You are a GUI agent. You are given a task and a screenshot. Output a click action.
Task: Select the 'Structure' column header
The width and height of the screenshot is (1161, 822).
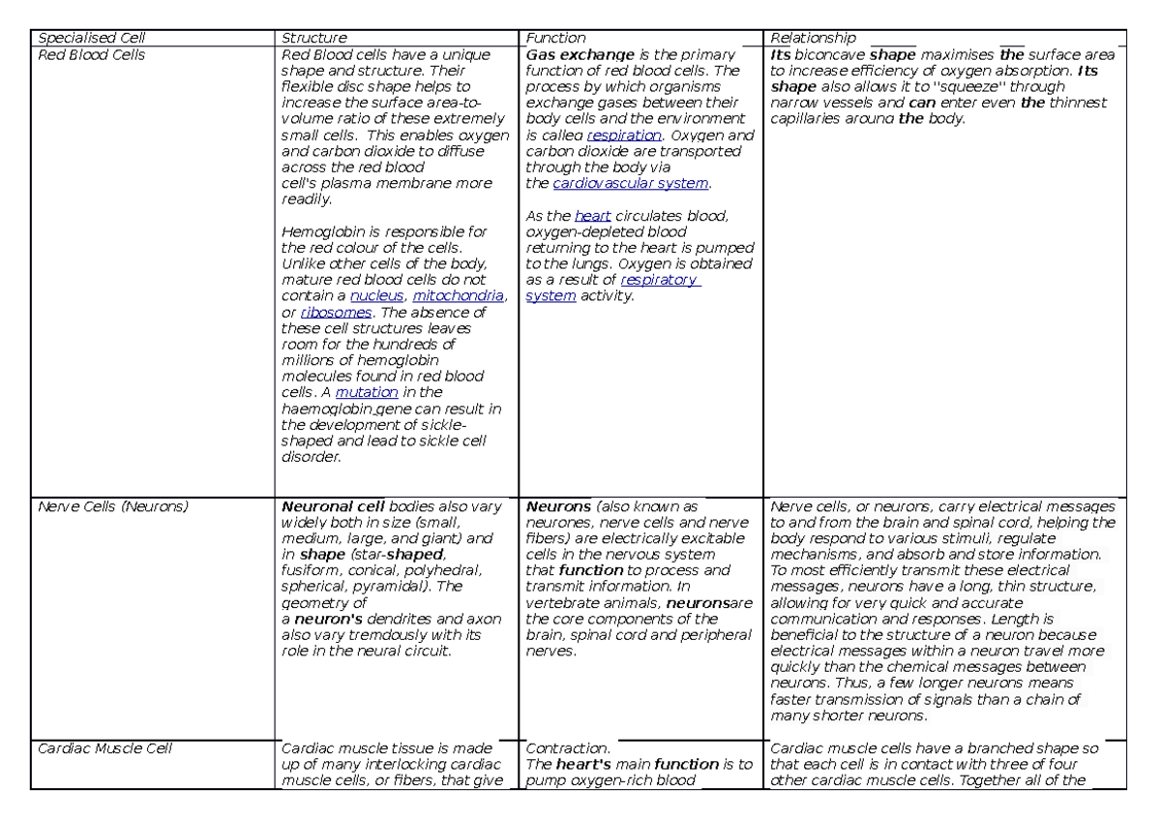[x=313, y=39]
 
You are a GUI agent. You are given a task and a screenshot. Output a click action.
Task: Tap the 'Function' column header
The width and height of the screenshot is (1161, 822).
[x=555, y=39]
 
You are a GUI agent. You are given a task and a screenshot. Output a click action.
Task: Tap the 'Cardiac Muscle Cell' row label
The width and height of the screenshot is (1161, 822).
[x=104, y=748]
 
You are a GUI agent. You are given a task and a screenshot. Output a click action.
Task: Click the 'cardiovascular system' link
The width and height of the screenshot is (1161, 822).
[x=630, y=183]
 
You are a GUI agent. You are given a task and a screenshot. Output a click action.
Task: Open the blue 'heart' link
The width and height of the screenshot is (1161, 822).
[x=592, y=216]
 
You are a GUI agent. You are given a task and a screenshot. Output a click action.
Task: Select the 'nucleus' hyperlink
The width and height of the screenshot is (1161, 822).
[x=376, y=296]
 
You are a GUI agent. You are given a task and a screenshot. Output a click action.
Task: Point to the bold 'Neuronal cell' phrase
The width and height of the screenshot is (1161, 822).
[x=333, y=506]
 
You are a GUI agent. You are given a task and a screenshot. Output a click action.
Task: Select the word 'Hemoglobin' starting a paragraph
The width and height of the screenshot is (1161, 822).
[x=319, y=232]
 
